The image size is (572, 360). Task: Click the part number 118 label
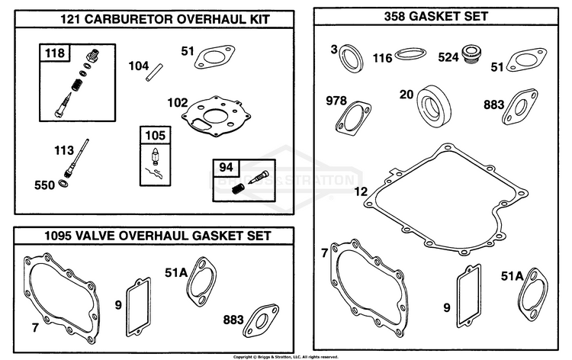point(55,53)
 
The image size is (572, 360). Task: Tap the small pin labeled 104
point(154,72)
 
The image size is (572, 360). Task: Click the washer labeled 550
point(63,184)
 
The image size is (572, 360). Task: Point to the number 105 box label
point(156,135)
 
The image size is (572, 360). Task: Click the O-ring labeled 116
point(410,53)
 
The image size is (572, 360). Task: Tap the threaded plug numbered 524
point(471,55)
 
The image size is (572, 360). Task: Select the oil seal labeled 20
point(434,106)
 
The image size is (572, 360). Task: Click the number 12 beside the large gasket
point(361,192)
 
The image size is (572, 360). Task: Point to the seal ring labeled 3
point(352,58)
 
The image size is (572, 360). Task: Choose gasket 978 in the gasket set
point(353,119)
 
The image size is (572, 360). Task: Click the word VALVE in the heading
point(92,236)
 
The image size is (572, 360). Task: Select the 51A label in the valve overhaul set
point(176,272)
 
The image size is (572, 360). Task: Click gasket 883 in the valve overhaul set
point(261,320)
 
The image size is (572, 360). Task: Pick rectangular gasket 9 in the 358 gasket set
point(468,296)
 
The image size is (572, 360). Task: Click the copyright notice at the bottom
point(286,357)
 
